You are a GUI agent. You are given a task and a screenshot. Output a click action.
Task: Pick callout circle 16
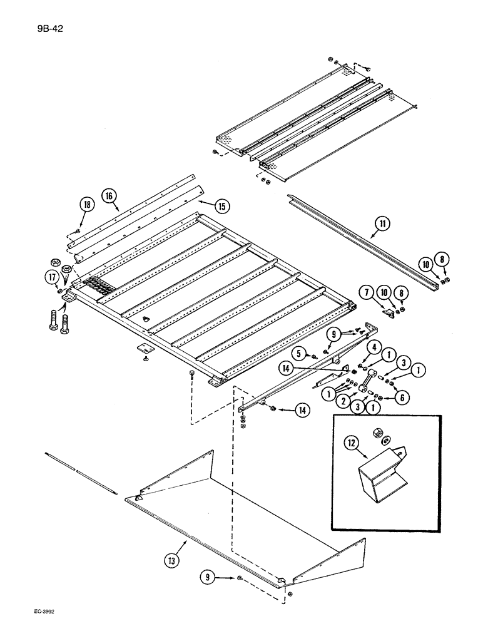click(x=109, y=196)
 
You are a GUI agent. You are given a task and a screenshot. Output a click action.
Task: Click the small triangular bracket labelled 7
click(x=388, y=311)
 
